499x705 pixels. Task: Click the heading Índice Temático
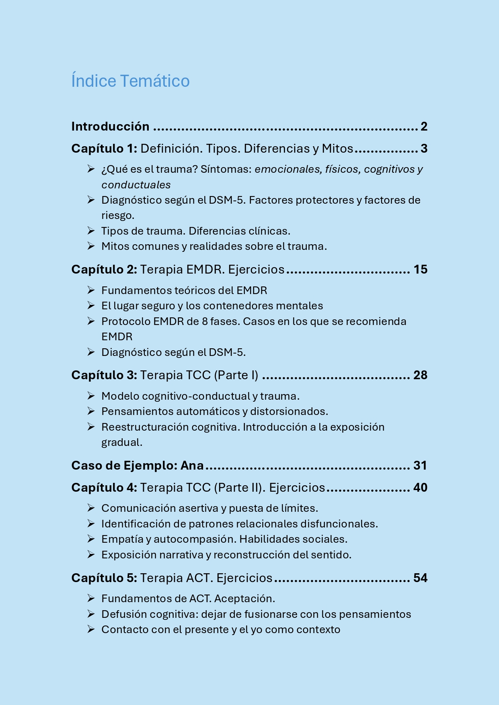[x=130, y=81]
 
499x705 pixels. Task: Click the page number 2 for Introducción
[x=424, y=127]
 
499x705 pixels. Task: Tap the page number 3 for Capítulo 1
[x=424, y=149]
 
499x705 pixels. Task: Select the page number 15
[x=420, y=270]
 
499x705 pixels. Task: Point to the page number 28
[x=420, y=375]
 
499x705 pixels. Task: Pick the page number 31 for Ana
[x=420, y=466]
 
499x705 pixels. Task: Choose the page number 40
[x=420, y=488]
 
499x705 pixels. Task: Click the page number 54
[x=420, y=578]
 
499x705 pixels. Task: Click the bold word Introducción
[x=110, y=127]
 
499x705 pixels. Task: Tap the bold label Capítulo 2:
[x=104, y=270]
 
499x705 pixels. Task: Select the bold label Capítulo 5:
[x=104, y=578]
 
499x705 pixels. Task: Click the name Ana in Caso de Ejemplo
[x=192, y=466]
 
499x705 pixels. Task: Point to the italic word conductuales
[x=136, y=185]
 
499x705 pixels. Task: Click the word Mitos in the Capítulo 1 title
[x=337, y=149]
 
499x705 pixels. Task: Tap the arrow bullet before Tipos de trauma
[x=91, y=231]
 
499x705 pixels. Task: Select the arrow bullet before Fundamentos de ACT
[x=91, y=599]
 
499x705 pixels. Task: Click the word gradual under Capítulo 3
[x=121, y=442]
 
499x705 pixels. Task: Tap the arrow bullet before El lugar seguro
[x=91, y=306]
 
